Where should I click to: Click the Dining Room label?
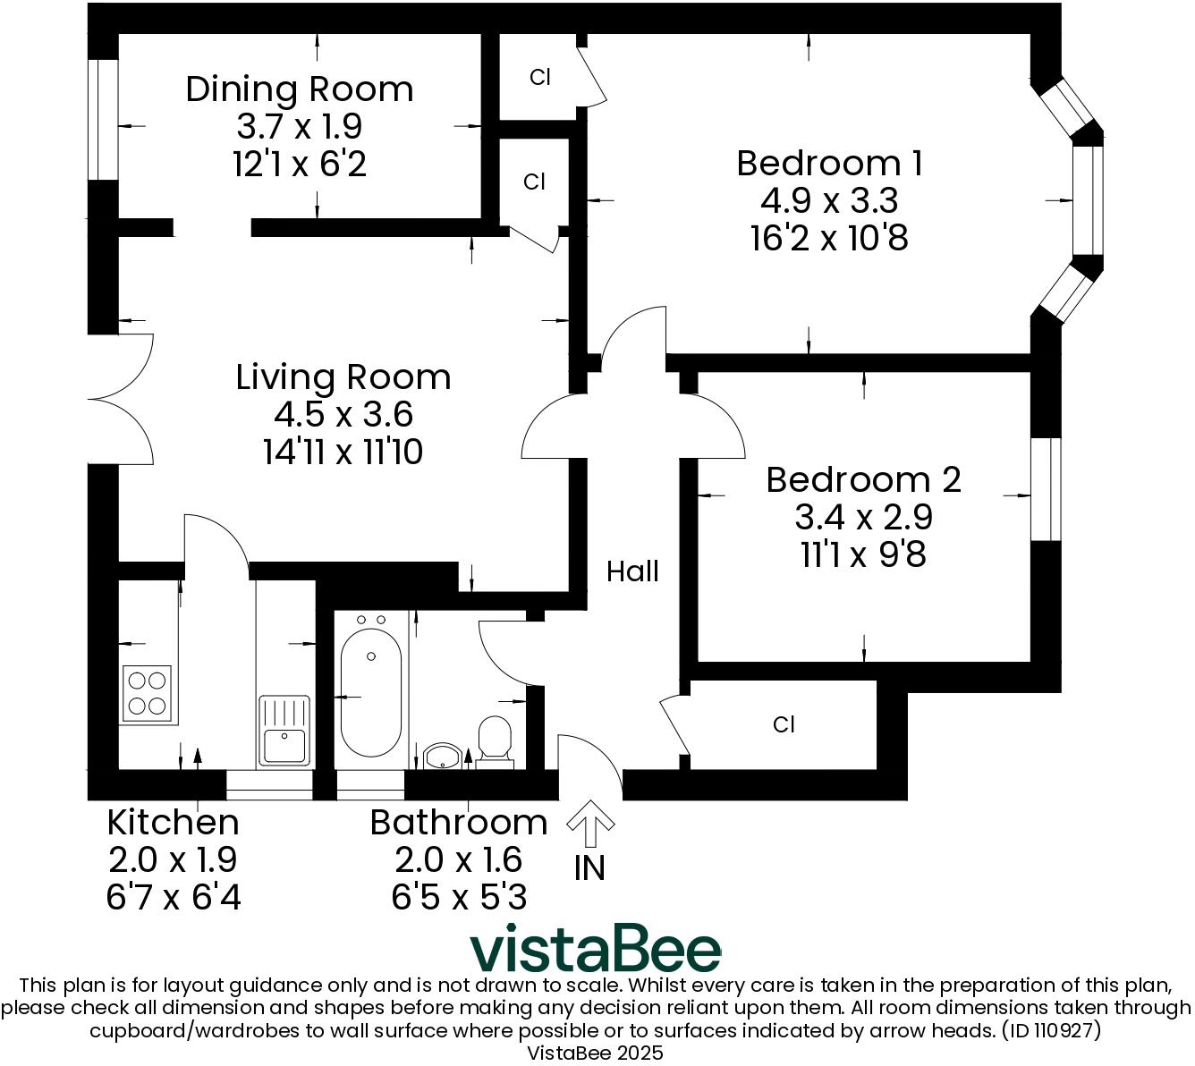[x=300, y=89]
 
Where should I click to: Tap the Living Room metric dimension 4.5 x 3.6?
[x=343, y=415]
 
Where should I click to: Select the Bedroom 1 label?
[x=829, y=164]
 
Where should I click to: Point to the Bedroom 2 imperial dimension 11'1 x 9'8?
[x=863, y=555]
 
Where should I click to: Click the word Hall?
[x=632, y=571]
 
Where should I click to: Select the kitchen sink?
[x=284, y=732]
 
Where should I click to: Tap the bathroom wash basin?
[x=441, y=756]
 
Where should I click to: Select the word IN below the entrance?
[x=589, y=868]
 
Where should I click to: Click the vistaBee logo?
[x=595, y=950]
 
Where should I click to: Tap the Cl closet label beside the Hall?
[x=784, y=724]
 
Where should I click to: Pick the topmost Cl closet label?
[x=539, y=78]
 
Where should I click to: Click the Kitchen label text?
[x=173, y=822]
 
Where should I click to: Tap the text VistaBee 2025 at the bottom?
[x=595, y=1053]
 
